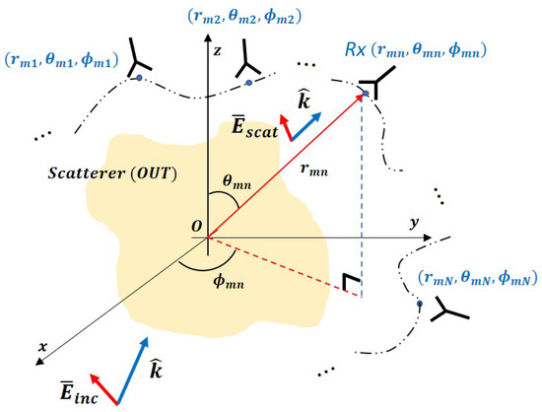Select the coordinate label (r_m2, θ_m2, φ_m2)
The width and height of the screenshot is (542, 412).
coord(237,17)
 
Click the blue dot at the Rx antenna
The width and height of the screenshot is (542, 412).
coord(364,95)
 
